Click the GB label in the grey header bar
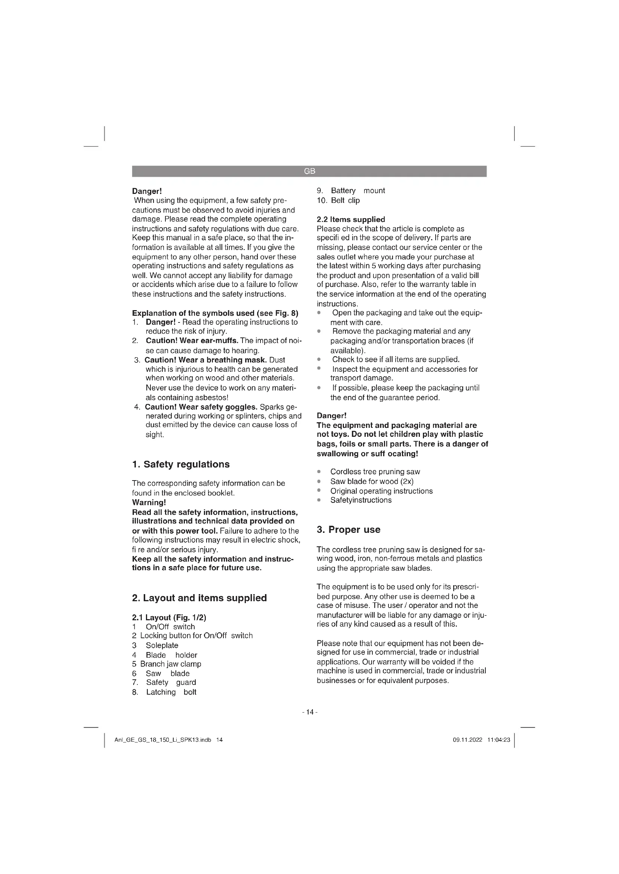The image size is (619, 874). pyautogui.click(x=309, y=171)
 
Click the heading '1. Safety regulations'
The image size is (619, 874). pyautogui.click(x=181, y=464)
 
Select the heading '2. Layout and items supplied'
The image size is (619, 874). pyautogui.click(x=199, y=598)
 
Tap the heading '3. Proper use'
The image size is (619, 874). pyautogui.click(x=348, y=530)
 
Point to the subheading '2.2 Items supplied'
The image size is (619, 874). pyautogui.click(x=351, y=220)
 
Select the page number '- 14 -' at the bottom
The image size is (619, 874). pyautogui.click(x=309, y=712)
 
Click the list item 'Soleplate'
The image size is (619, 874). pyautogui.click(x=162, y=646)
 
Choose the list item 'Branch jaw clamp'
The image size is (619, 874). pyautogui.click(x=170, y=664)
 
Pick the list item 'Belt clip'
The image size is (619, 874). pyautogui.click(x=345, y=201)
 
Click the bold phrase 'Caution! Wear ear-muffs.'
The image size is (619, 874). pyautogui.click(x=192, y=341)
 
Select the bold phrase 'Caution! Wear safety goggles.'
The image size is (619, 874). pyautogui.click(x=201, y=407)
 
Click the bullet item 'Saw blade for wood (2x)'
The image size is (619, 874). pyautogui.click(x=372, y=482)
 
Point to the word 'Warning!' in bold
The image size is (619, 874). pyautogui.click(x=149, y=503)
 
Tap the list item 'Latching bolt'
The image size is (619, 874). pyautogui.click(x=171, y=692)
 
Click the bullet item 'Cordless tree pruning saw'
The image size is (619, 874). pyautogui.click(x=375, y=472)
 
